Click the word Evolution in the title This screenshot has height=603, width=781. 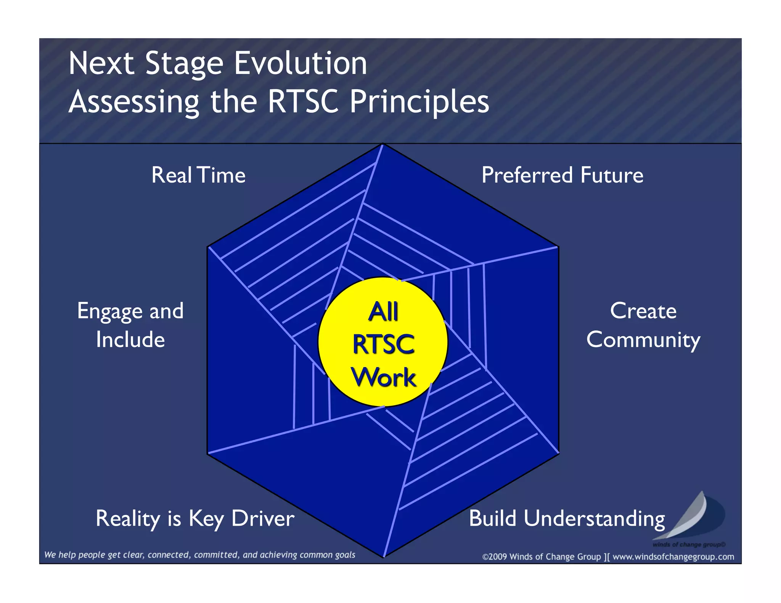click(300, 63)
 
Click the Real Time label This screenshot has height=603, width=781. click(198, 175)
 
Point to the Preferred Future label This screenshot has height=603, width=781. click(562, 175)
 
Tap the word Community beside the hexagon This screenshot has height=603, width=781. click(643, 340)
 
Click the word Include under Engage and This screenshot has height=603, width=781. click(130, 340)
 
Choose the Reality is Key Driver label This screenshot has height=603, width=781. click(195, 519)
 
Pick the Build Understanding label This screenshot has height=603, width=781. click(567, 519)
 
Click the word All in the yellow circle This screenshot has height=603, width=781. click(383, 311)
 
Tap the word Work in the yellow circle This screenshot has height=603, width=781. click(383, 377)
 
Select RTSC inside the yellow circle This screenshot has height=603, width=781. click(383, 344)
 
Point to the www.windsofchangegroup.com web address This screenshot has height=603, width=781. click(673, 557)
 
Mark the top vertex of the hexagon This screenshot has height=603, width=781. click(383, 144)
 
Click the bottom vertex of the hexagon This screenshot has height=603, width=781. click(384, 557)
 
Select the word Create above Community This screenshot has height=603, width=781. click(643, 311)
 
